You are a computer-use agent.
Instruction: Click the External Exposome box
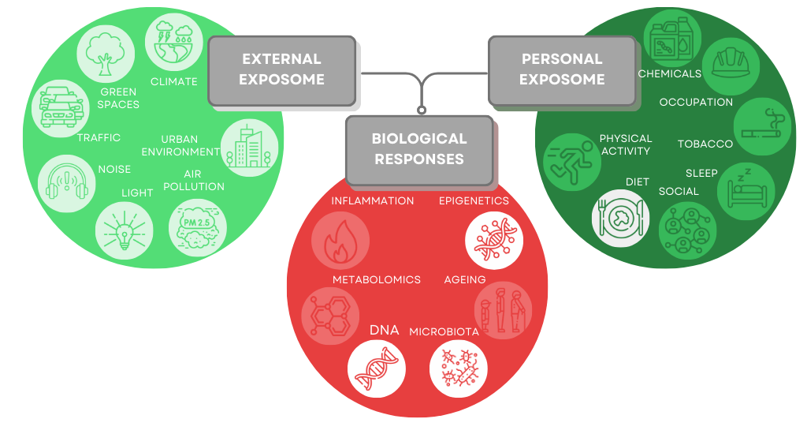pyautogui.click(x=282, y=70)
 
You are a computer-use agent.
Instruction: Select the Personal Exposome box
pyautogui.click(x=562, y=70)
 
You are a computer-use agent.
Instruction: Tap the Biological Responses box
pyautogui.click(x=419, y=149)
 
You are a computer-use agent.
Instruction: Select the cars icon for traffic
pyautogui.click(x=61, y=106)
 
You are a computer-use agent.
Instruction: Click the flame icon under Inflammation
pyautogui.click(x=340, y=239)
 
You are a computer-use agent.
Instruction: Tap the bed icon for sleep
pyautogui.click(x=747, y=189)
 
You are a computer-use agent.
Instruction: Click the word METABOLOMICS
pyautogui.click(x=377, y=280)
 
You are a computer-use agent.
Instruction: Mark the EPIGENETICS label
pyautogui.click(x=474, y=200)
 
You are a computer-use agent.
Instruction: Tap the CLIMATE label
pyautogui.click(x=173, y=81)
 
